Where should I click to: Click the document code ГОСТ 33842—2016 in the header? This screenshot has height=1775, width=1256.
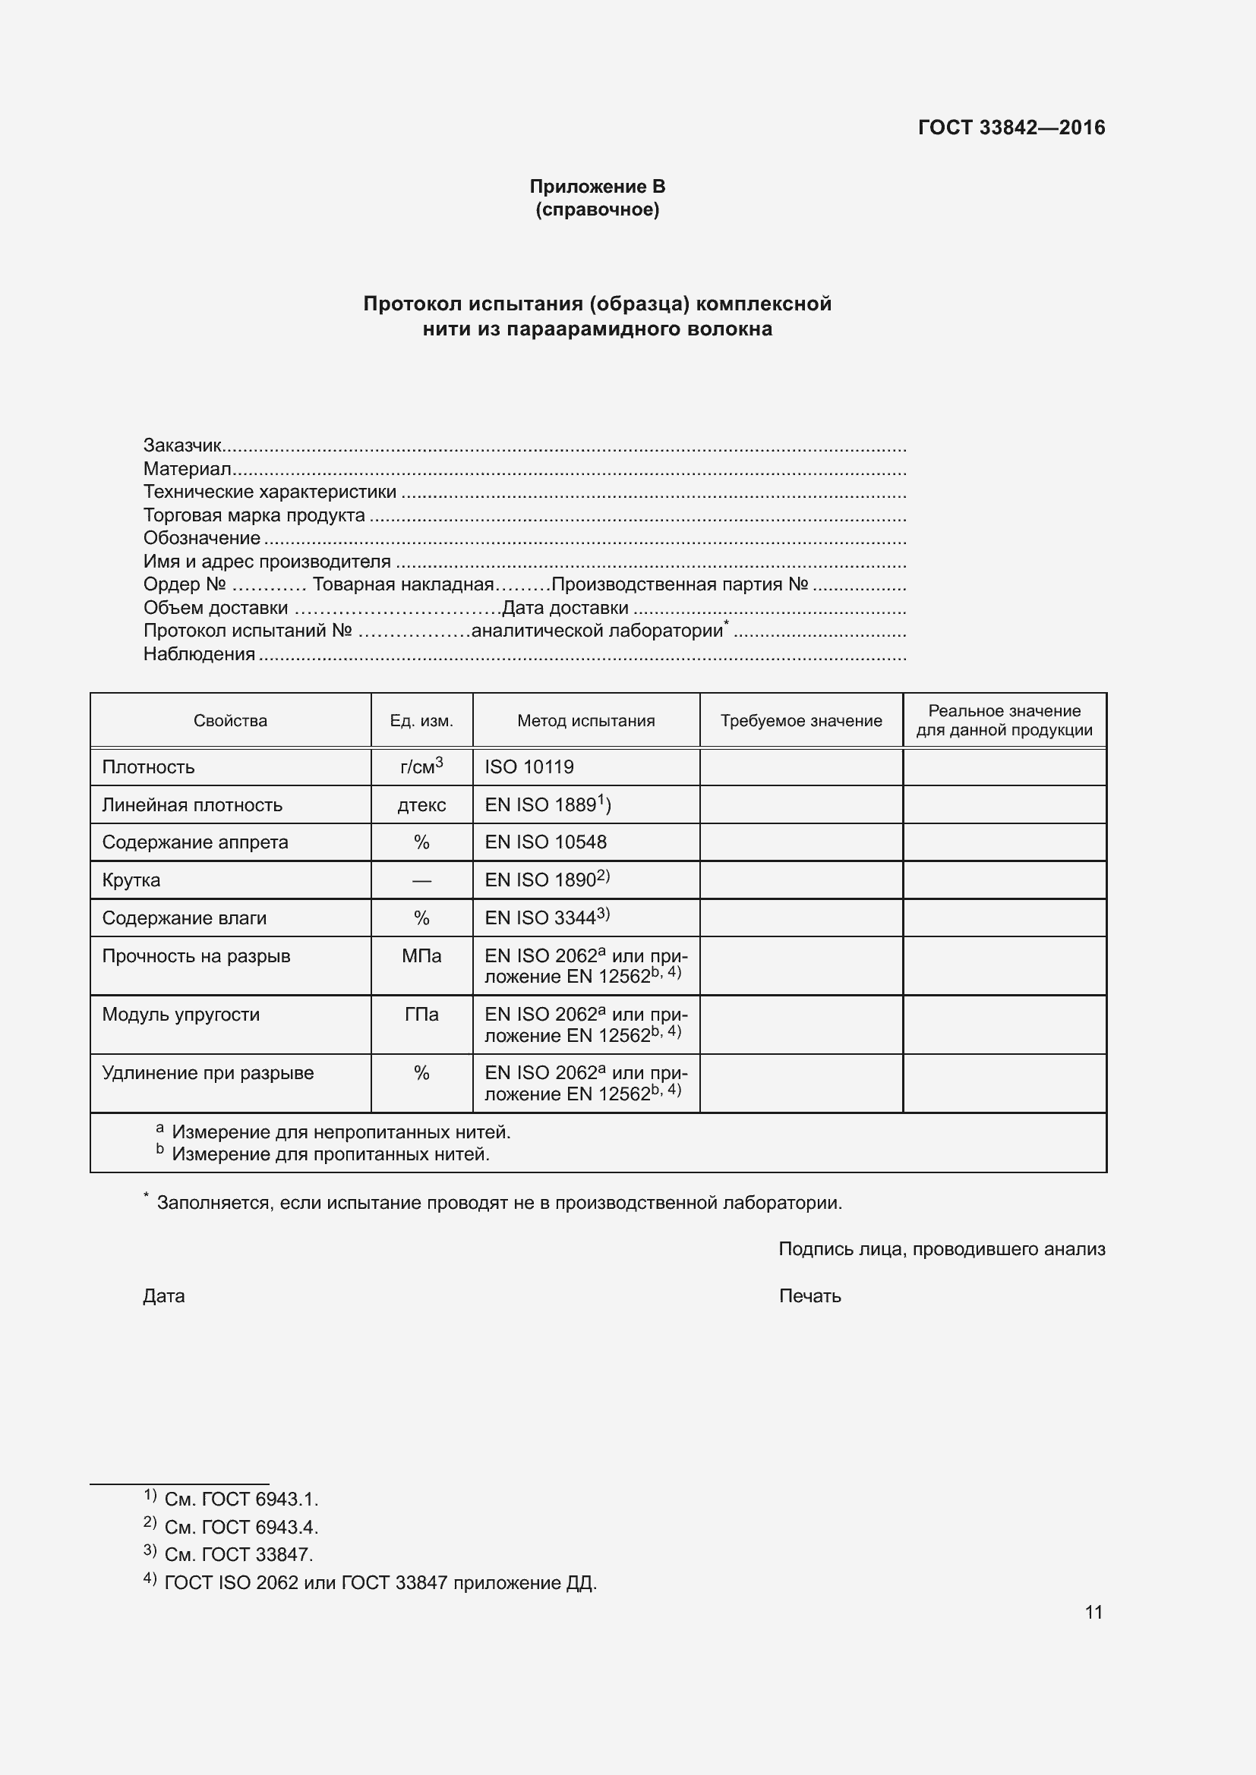[x=1011, y=127]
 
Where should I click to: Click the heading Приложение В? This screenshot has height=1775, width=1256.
[x=597, y=187]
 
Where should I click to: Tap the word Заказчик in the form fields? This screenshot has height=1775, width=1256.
[x=182, y=445]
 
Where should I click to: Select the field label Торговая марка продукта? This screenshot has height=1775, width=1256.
[x=254, y=515]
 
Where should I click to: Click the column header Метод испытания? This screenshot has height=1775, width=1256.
[x=585, y=720]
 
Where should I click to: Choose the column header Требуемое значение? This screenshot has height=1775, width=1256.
[x=800, y=720]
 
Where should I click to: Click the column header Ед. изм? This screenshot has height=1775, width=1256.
[x=421, y=720]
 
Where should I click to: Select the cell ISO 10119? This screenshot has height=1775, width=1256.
[x=529, y=767]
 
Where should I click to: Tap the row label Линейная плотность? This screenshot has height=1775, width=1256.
[x=192, y=804]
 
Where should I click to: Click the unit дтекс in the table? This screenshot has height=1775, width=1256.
[x=421, y=804]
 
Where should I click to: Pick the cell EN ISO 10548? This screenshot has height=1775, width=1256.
[x=545, y=842]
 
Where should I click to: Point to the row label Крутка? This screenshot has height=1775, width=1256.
[x=131, y=880]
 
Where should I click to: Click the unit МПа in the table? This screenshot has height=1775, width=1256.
[x=421, y=955]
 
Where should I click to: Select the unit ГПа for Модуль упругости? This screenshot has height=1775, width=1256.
[x=421, y=1015]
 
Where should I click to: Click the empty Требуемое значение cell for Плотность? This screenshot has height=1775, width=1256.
[x=800, y=767]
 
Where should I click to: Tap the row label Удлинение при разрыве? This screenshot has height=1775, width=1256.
[x=207, y=1072]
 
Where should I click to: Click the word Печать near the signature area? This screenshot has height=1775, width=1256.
[x=809, y=1295]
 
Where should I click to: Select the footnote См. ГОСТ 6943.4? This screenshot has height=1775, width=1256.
[x=241, y=1527]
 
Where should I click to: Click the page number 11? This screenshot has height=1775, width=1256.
[x=1093, y=1612]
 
